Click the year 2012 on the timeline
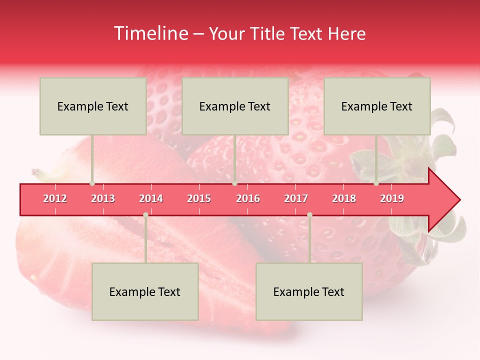[x=55, y=198]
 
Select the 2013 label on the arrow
[x=103, y=198]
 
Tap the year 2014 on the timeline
[x=151, y=198]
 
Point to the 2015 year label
[x=199, y=198]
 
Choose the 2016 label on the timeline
[x=248, y=198]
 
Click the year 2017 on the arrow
[x=296, y=198]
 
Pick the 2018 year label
[x=344, y=198]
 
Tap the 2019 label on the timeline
[x=392, y=198]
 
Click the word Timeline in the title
[x=149, y=33]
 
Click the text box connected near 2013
[x=93, y=106]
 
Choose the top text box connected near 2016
[x=235, y=106]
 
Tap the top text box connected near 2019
[x=377, y=106]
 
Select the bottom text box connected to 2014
[x=145, y=291]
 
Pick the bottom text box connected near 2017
[x=309, y=291]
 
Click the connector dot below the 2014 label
[x=145, y=214]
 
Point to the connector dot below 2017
[x=309, y=214]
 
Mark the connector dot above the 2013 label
[x=92, y=183]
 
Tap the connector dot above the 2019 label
[x=376, y=183]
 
